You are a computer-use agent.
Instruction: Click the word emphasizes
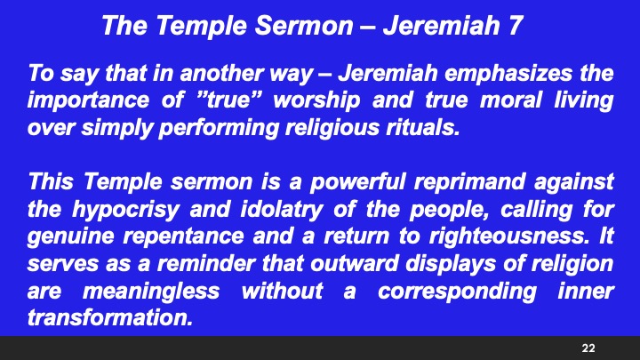tap(514, 71)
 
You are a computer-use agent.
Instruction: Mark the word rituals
tap(421, 126)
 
